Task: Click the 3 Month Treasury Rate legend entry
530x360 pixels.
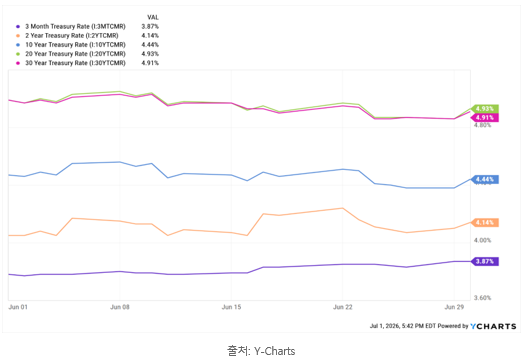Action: pyautogui.click(x=75, y=26)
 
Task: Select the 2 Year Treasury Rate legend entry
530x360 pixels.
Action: pyautogui.click(x=72, y=35)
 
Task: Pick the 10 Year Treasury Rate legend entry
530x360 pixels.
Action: pyautogui.click(x=75, y=45)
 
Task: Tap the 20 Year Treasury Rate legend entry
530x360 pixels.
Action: pyautogui.click(x=75, y=54)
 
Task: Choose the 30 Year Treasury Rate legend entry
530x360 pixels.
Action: pyautogui.click(x=75, y=63)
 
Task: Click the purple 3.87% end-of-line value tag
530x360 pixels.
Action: pyautogui.click(x=485, y=261)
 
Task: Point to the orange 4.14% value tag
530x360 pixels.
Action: pyautogui.click(x=485, y=222)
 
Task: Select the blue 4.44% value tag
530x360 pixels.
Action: pyautogui.click(x=485, y=179)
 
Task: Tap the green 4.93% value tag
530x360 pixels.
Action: pyautogui.click(x=485, y=109)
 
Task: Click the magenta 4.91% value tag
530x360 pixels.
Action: pyautogui.click(x=485, y=118)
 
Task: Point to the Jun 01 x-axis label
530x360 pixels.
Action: pyautogui.click(x=18, y=307)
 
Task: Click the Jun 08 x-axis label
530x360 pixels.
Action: pyautogui.click(x=120, y=307)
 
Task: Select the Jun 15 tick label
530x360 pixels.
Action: pyautogui.click(x=231, y=307)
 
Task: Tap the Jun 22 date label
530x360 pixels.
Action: pyautogui.click(x=342, y=307)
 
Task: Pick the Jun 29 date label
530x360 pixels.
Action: pyautogui.click(x=454, y=307)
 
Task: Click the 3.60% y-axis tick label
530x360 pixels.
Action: pyautogui.click(x=482, y=298)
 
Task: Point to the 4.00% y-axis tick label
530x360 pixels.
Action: pyautogui.click(x=482, y=240)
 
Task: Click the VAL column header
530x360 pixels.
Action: pyautogui.click(x=153, y=17)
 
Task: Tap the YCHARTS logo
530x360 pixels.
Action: pyautogui.click(x=493, y=326)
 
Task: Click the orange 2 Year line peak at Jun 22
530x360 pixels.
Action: pyautogui.click(x=342, y=208)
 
